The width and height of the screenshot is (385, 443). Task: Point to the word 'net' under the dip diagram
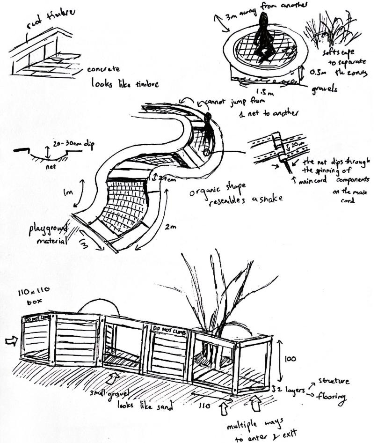[x=50, y=165]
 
